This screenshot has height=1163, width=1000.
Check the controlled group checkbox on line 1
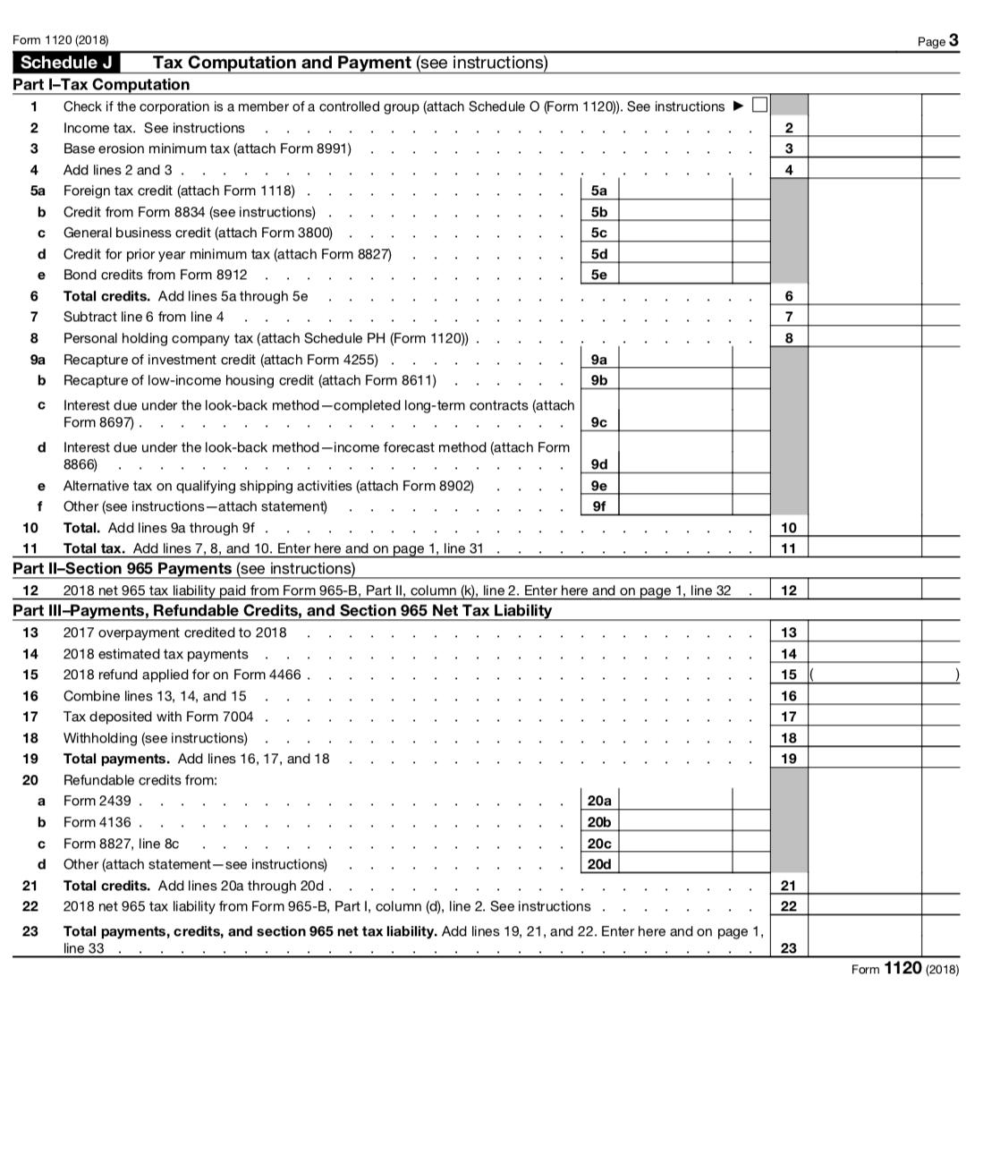pyautogui.click(x=759, y=106)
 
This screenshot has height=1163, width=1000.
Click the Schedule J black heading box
pyautogui.click(x=66, y=63)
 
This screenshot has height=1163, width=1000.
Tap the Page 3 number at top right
pyautogui.click(x=938, y=40)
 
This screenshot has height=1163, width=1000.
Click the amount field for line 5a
pyautogui.click(x=674, y=191)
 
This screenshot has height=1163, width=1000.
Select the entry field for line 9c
pyautogui.click(x=674, y=412)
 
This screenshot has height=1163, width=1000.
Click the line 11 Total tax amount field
pyautogui.click(x=864, y=548)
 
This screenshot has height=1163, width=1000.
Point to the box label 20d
pyautogui.click(x=599, y=864)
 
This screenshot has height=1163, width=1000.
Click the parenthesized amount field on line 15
pyautogui.click(x=864, y=675)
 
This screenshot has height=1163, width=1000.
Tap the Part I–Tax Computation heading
pyautogui.click(x=101, y=85)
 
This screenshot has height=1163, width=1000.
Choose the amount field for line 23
pyautogui.click(x=864, y=939)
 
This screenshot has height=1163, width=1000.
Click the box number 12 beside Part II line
pyautogui.click(x=788, y=590)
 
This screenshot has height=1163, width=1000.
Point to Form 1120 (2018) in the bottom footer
pyautogui.click(x=904, y=969)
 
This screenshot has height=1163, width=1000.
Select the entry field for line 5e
pyautogui.click(x=674, y=275)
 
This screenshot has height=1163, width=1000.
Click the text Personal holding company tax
pyautogui.click(x=157, y=338)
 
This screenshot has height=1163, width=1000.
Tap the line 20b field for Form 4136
pyautogui.click(x=674, y=822)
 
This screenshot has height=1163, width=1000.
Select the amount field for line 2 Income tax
pyautogui.click(x=864, y=128)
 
